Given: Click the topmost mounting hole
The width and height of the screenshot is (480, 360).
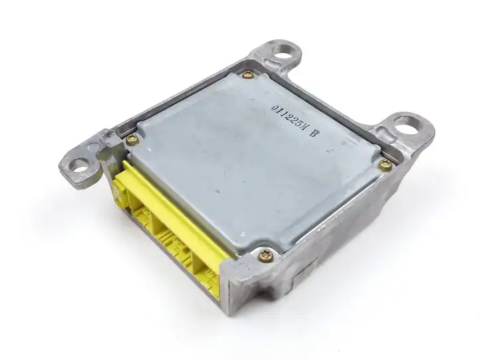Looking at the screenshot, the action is click(x=285, y=55).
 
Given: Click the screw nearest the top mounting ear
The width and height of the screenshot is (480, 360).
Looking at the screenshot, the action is click(x=248, y=74).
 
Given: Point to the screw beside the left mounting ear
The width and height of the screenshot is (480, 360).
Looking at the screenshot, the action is click(x=132, y=140).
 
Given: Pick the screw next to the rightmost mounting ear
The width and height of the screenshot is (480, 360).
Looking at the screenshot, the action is click(x=386, y=165).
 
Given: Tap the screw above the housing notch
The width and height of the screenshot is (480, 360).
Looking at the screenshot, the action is click(x=266, y=256).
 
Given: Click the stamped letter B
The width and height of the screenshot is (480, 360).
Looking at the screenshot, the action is click(x=313, y=132).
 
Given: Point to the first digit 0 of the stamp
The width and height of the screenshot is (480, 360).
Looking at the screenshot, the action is click(x=275, y=109).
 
